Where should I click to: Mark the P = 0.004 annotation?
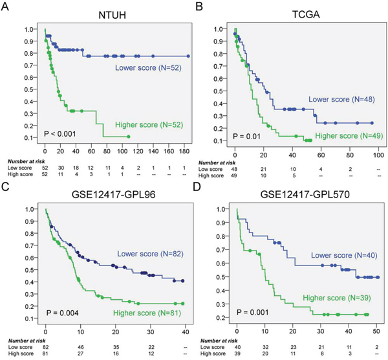pos(64,313)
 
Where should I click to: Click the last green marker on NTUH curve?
pos(128,137)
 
